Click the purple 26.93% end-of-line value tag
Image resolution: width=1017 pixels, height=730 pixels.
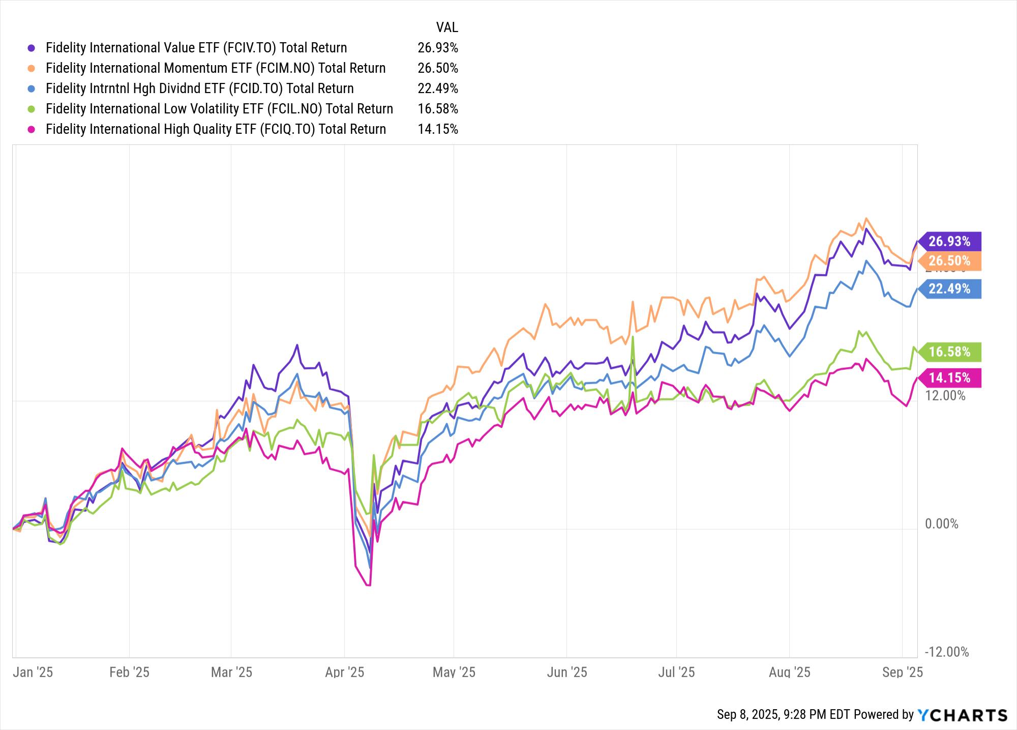949,241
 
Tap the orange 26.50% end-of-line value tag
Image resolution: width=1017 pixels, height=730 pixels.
949,261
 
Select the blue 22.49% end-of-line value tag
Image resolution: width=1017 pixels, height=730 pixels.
949,289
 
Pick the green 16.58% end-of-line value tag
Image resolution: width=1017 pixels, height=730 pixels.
949,352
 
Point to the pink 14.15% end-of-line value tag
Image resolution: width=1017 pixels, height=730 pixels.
949,378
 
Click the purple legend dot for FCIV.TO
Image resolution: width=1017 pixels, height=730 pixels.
32,48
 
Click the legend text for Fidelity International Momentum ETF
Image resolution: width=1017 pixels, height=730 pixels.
215,68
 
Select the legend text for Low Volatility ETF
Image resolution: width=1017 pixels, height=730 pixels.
219,109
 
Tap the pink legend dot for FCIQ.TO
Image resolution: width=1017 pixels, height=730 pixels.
32,129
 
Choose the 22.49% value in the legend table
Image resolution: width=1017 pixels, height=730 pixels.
437,89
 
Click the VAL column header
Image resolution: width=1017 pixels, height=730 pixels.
446,27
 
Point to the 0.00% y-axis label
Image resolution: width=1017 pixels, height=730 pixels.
941,524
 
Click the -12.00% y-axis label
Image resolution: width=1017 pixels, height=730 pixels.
946,652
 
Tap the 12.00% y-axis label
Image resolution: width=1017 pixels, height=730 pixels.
945,396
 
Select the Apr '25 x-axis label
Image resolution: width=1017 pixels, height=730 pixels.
344,673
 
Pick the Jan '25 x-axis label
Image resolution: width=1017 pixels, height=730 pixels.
33,673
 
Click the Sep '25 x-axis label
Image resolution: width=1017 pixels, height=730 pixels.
902,673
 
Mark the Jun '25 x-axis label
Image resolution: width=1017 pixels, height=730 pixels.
566,673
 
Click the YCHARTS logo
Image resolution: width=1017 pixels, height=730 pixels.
963,715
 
